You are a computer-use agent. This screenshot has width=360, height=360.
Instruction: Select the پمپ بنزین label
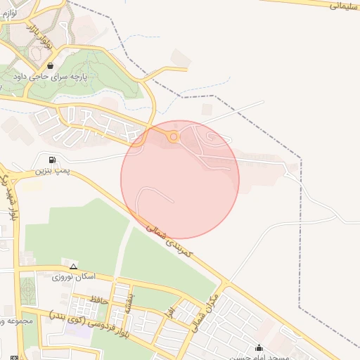53,171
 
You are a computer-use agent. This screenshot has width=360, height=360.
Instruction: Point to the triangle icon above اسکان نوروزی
73,266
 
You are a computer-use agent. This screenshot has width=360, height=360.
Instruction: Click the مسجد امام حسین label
259,356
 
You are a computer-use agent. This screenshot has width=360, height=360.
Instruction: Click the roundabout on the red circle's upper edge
174,137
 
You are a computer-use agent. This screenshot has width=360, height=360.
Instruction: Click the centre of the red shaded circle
180,179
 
